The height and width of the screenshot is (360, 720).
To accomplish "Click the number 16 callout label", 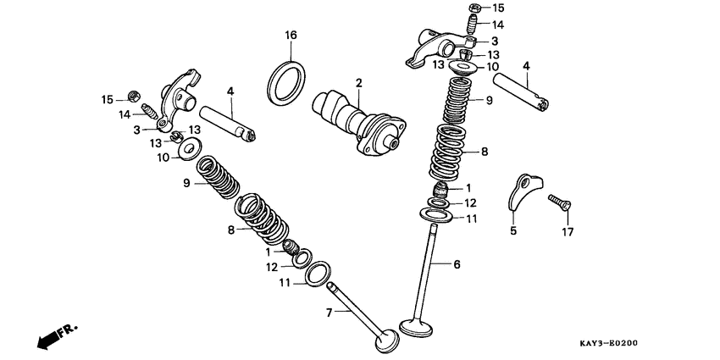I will [x=291, y=35].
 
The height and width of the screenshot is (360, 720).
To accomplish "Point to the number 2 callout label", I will [x=358, y=83].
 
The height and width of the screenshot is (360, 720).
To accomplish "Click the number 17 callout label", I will [x=568, y=230].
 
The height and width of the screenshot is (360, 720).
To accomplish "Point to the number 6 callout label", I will [x=457, y=265].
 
